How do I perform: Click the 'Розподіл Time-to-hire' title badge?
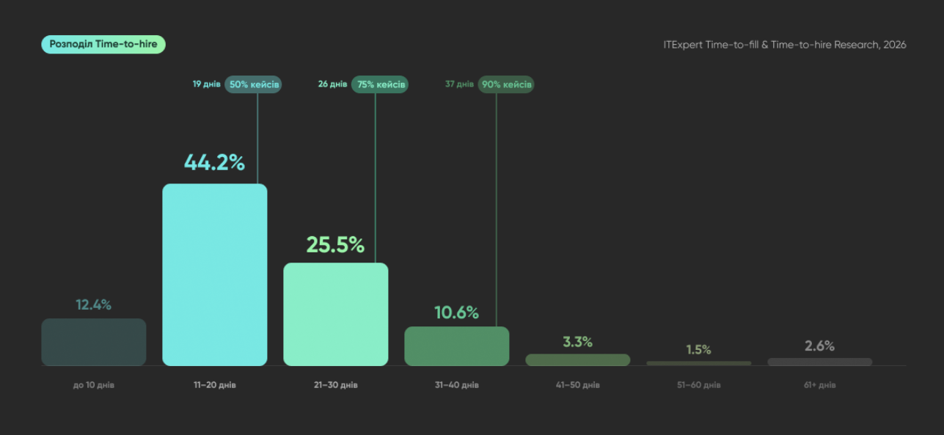coord(103,44)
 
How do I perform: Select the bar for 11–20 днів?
coord(214,274)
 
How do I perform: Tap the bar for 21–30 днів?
coord(335,314)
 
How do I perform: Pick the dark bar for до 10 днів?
coord(94,342)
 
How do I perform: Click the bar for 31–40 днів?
coord(457,346)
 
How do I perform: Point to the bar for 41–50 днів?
coord(578,359)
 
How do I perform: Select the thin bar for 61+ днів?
coord(820,362)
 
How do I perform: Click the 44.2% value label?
coord(214,162)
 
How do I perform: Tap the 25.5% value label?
coord(335,244)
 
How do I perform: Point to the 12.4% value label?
coord(94,304)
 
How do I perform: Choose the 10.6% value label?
coord(456,312)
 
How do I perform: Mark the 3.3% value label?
coord(578,342)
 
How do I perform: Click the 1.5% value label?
coord(698,349)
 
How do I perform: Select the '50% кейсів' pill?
coord(253,84)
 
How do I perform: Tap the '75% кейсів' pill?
coord(380,84)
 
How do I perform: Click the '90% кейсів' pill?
coord(506,84)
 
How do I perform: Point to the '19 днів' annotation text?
coord(207,84)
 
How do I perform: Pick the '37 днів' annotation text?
coord(459,84)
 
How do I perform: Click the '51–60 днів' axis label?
coord(699,385)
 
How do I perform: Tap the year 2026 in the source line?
coord(895,45)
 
